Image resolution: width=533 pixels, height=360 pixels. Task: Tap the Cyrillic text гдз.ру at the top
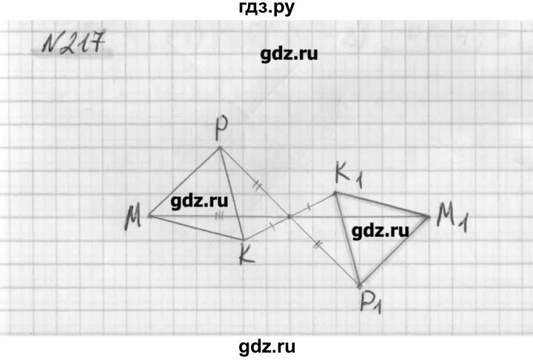click(x=265, y=9)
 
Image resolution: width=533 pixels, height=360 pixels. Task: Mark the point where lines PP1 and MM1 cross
click(x=289, y=216)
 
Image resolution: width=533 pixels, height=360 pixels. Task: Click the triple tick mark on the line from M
click(x=219, y=216)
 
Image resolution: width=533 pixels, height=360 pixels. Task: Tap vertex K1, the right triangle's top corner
click(x=335, y=193)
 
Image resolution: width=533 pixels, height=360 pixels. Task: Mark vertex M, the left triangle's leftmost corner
click(x=149, y=216)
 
